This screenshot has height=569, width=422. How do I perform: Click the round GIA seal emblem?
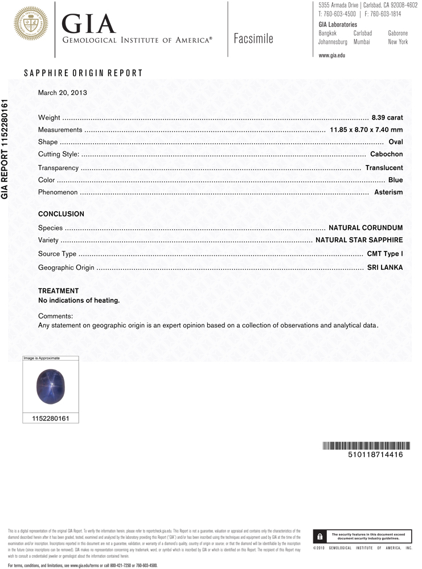pos(31,24)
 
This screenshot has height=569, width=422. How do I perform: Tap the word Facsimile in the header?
pos(253,39)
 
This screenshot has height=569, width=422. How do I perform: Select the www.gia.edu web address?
pos(332,55)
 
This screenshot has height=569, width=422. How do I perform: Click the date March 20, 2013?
pos(62,92)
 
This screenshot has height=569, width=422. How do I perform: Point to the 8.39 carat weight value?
pos(387,118)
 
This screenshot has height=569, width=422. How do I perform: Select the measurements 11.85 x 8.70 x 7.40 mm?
pos(366,130)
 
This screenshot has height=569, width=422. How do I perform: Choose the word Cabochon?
pos(386,154)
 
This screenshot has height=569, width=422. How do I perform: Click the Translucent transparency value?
pos(384,168)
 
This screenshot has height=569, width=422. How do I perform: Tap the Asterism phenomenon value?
pos(388,192)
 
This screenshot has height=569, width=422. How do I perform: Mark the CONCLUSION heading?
pos(61,214)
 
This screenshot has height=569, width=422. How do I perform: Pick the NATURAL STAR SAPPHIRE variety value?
pos(359,240)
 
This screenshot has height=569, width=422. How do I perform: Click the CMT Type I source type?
pos(385,254)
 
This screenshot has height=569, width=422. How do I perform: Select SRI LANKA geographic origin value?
pos(385,267)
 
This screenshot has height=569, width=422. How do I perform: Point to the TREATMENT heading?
pos(59,290)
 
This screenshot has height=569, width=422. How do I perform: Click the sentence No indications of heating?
pos(79,300)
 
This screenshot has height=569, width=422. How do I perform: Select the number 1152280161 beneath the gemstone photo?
pos(50,418)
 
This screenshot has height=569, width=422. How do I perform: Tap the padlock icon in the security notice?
pos(321,536)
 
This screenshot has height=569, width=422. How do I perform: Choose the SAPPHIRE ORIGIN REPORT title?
pos(83,73)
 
